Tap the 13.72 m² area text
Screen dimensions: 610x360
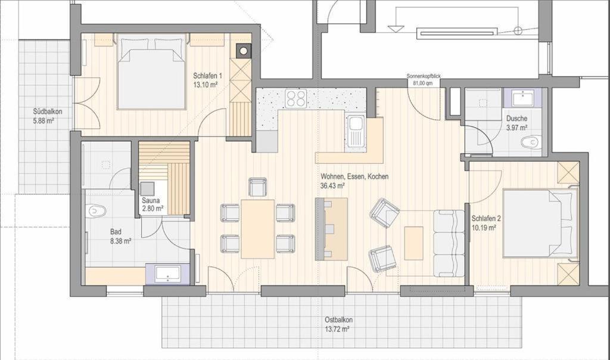tap(337, 329)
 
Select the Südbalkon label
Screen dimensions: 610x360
tap(48, 111)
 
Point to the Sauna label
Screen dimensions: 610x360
tap(150, 201)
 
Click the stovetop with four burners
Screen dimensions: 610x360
tap(295, 98)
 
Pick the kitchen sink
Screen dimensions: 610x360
tap(355, 132)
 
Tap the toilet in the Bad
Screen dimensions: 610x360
tap(97, 211)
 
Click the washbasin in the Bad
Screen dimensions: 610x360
tap(167, 274)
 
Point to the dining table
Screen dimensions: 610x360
tap(257, 229)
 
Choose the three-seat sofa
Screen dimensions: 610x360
tap(449, 243)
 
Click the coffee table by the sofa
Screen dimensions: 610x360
tap(413, 243)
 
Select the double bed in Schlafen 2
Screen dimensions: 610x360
tap(540, 223)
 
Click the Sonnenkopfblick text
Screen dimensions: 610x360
tap(424, 76)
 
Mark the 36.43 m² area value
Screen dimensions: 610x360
tap(332, 186)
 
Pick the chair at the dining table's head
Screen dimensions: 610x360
tap(257, 187)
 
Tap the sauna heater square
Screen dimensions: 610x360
tap(148, 188)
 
